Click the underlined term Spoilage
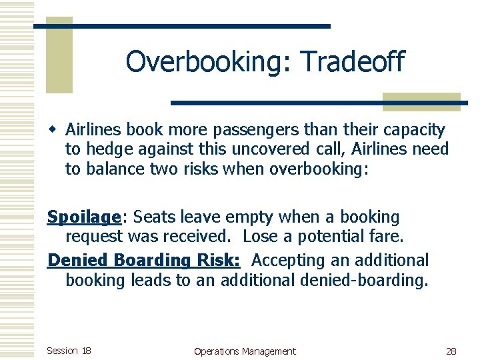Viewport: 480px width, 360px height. (x=83, y=217)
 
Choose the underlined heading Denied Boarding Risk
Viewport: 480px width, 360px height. (x=144, y=260)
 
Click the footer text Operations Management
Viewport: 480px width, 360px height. (x=244, y=351)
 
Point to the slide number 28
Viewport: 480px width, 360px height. (x=451, y=351)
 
